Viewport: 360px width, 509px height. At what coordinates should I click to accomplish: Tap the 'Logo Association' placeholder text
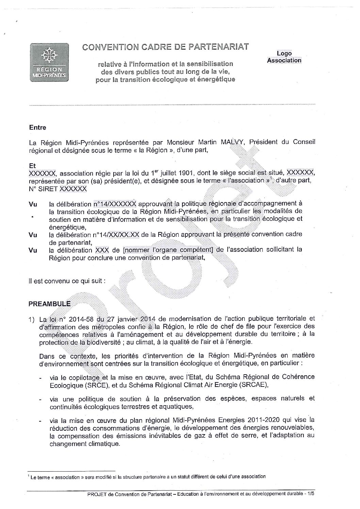pyautogui.click(x=284, y=57)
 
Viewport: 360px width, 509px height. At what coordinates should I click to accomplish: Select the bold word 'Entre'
pyautogui.click(x=38, y=128)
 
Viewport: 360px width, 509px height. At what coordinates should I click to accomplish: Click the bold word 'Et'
pyautogui.click(x=33, y=166)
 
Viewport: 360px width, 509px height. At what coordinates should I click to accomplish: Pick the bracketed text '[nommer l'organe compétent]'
pyautogui.click(x=169, y=250)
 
